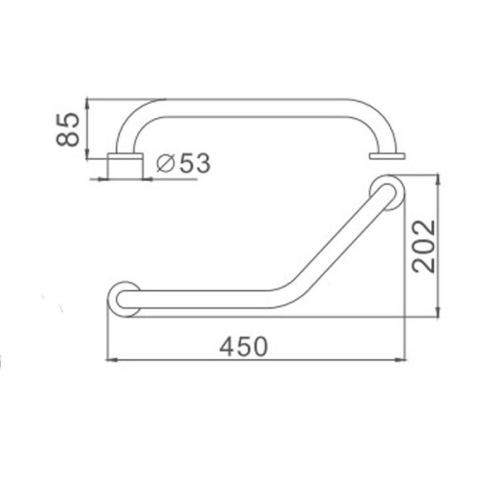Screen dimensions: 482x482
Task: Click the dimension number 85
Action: click(68, 130)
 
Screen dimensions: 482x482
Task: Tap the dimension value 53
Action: click(195, 163)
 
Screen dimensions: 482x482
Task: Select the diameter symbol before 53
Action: click(166, 163)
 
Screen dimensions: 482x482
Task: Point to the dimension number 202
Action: click(424, 246)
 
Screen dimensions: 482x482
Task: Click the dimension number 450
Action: click(243, 347)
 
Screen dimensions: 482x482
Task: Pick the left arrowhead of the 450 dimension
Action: click(111, 359)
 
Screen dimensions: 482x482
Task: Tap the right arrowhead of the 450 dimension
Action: click(400, 359)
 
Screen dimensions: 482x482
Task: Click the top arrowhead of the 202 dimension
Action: click(439, 180)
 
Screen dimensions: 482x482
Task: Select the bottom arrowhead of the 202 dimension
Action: click(439, 311)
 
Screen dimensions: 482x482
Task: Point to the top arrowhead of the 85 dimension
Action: click(87, 104)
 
